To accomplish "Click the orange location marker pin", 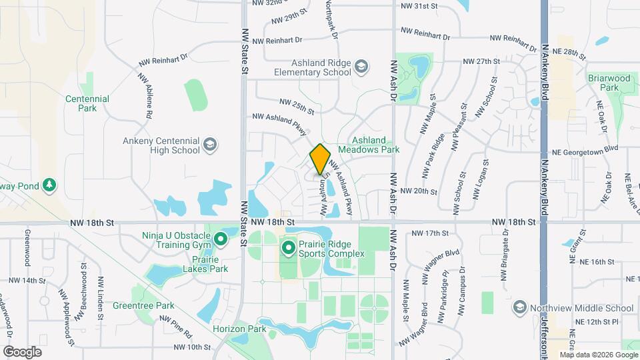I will pos(320,159).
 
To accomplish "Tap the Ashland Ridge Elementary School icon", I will pos(361,67).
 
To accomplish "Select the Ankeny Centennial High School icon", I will pos(209,145).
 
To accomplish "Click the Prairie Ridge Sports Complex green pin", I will pos(289,249).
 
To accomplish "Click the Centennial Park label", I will pos(87,103).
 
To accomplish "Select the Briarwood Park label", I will pos(609,83).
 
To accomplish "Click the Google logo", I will pos(22,351).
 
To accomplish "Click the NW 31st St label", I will pos(417,6).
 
